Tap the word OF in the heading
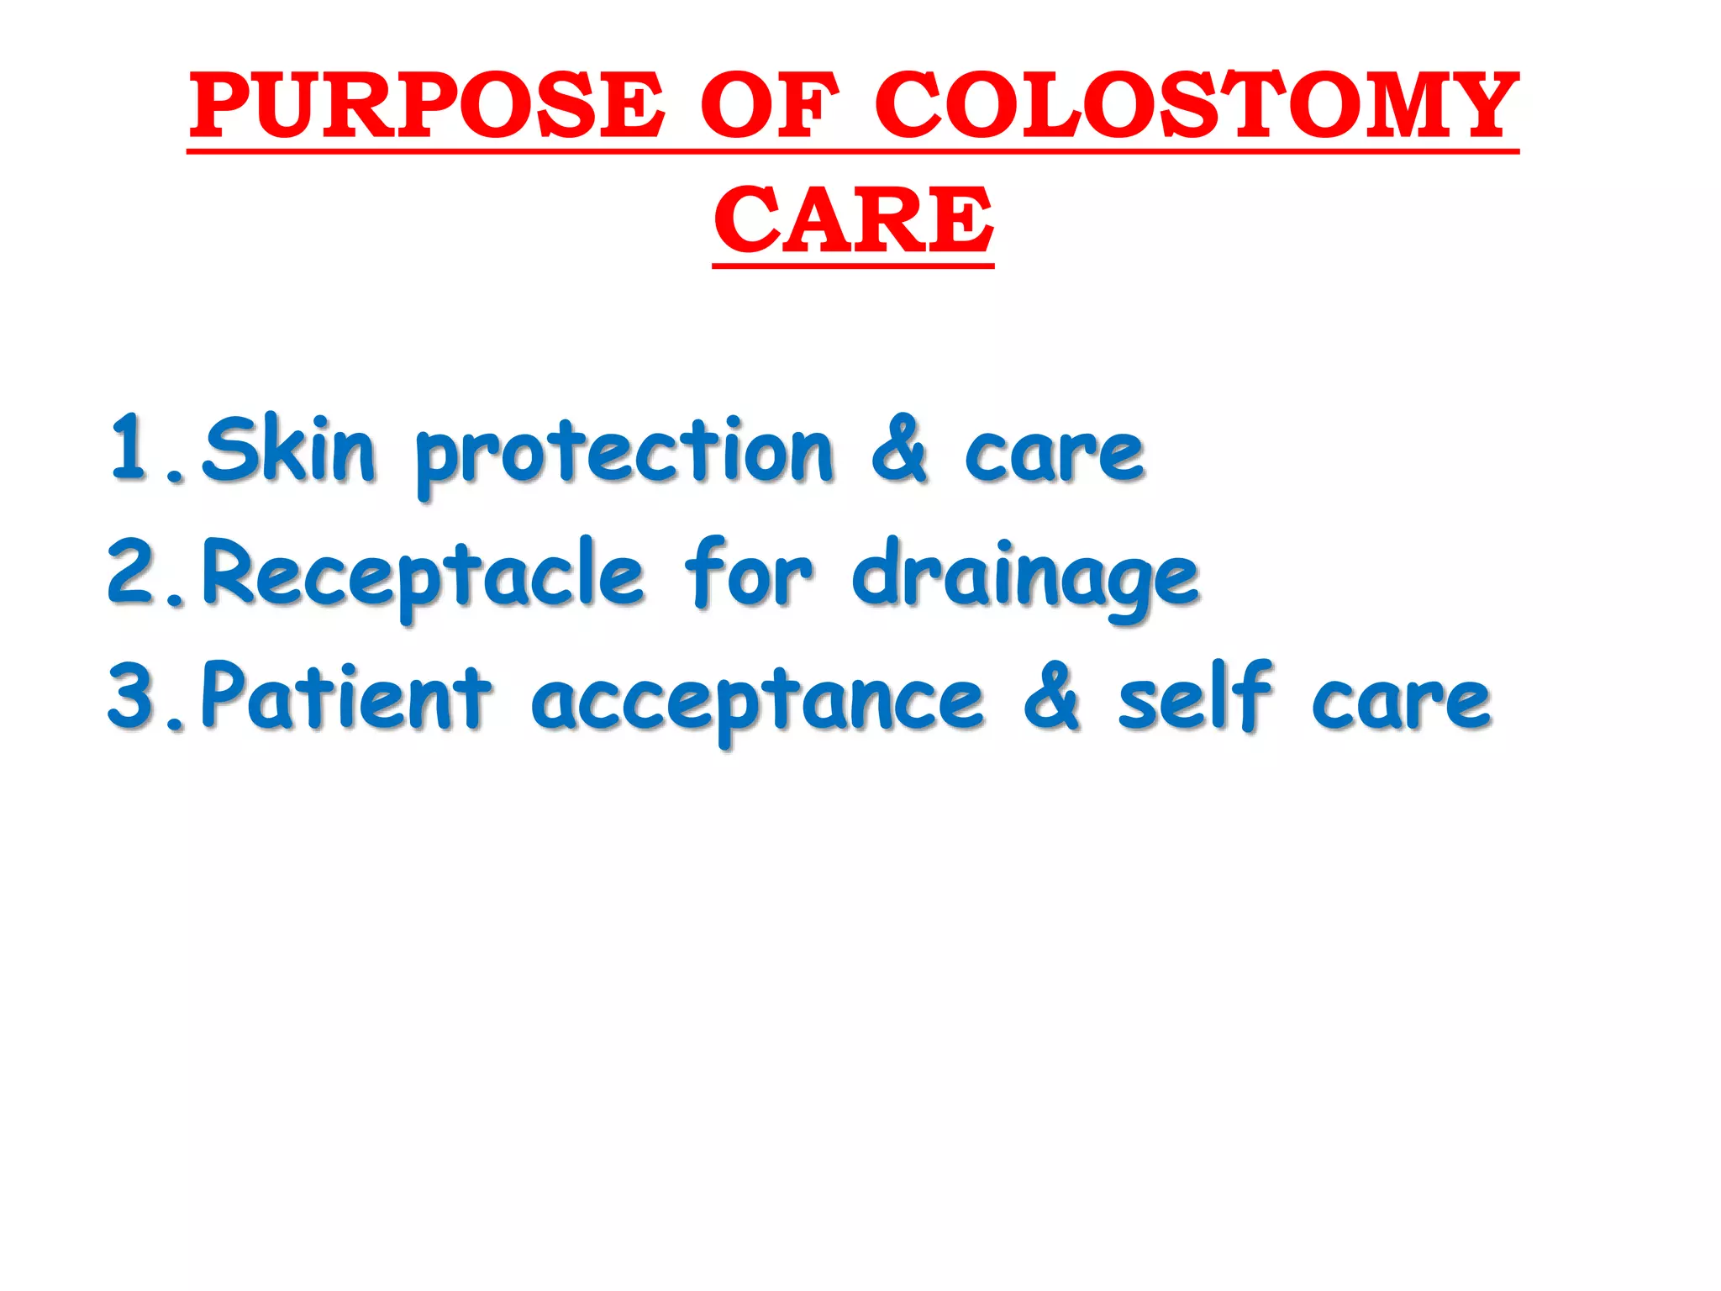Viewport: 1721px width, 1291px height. (x=769, y=107)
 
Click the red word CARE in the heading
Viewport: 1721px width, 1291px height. (x=853, y=220)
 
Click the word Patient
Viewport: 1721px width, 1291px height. (x=345, y=697)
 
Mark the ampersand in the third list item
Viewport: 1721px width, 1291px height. (x=1051, y=697)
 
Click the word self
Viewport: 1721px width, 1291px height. (x=1194, y=697)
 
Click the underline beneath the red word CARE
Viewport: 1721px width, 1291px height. (x=853, y=265)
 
